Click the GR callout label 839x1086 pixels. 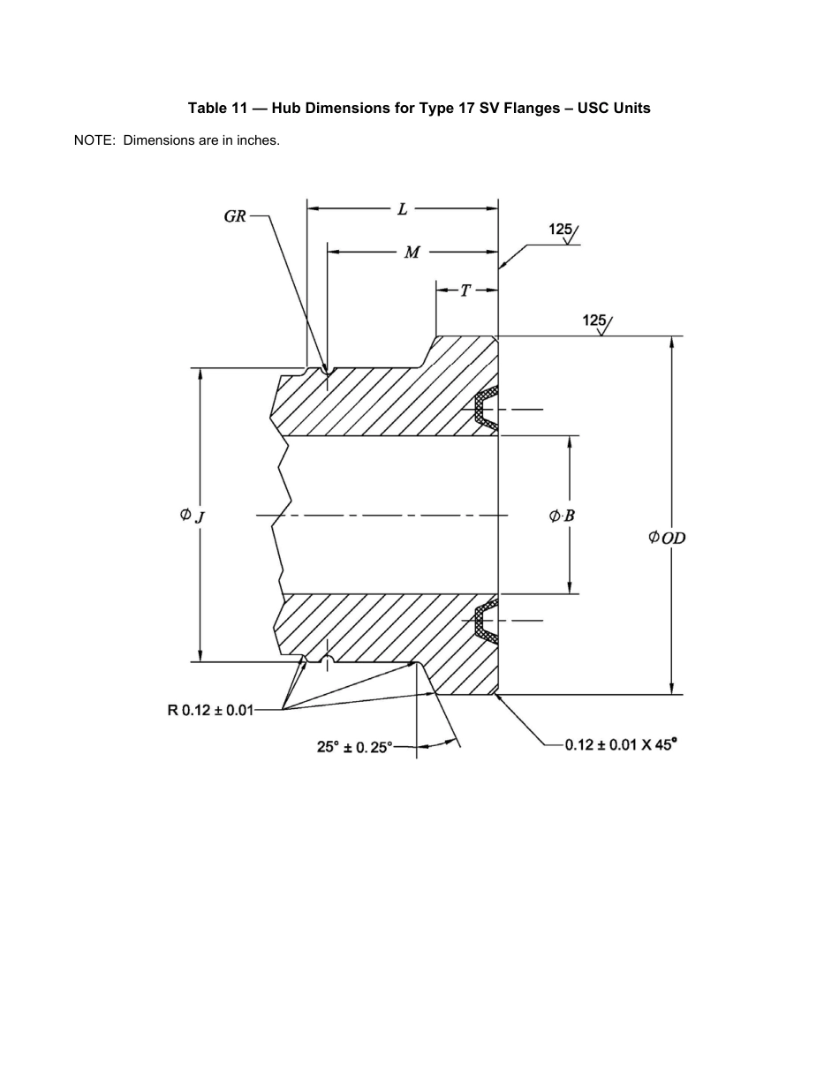pos(235,216)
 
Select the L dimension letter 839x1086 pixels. pos(403,209)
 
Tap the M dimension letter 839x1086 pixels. pos(412,253)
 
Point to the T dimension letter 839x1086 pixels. pos(465,290)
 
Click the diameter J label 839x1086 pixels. pos(193,515)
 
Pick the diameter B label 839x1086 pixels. pos(563,516)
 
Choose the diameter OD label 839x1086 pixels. pos(668,537)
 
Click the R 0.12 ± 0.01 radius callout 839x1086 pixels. pos(211,709)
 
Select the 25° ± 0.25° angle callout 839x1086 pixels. pos(354,747)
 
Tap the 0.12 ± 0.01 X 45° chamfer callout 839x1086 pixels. pos(621,744)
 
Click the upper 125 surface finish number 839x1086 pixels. pos(561,230)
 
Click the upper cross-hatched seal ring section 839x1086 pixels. pos(484,409)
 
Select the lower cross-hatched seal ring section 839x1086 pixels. pos(484,622)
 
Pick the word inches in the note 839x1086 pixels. pos(258,140)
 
